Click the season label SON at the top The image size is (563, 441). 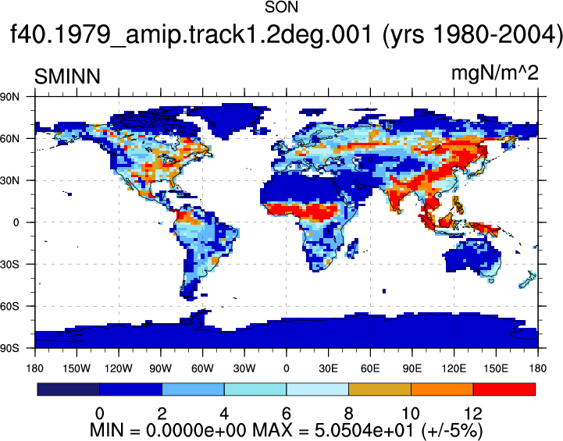click(281, 7)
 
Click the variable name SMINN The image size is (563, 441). click(67, 76)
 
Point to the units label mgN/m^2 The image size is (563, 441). click(495, 73)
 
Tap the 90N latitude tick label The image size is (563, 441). click(9, 97)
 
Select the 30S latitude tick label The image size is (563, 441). click(9, 265)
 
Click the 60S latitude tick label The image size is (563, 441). click(9, 307)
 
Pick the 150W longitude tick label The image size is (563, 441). click(77, 368)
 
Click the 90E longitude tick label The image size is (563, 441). click(412, 368)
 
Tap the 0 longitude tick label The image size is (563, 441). click(286, 368)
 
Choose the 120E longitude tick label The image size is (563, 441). click(454, 368)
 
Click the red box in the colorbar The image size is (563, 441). click(504, 389)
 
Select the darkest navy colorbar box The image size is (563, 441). click(68, 389)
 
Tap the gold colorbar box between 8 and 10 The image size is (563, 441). click(379, 389)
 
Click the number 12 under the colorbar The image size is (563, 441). click(473, 414)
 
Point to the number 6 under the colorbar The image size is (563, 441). click(286, 414)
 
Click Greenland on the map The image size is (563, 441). click(230, 120)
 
